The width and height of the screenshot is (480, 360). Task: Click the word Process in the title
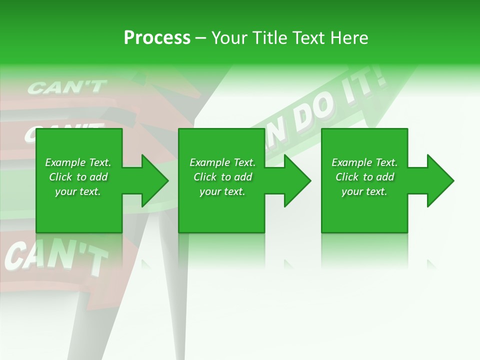coord(157,38)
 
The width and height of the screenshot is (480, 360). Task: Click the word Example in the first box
coord(65,162)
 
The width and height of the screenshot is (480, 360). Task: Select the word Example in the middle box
coord(209,162)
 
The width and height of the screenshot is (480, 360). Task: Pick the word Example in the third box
coord(351,162)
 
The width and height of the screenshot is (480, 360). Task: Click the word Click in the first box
coord(60,177)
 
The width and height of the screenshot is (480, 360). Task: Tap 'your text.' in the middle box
coord(222,191)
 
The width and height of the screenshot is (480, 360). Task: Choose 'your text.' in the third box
coord(364,191)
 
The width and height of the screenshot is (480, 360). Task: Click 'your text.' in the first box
coord(78,191)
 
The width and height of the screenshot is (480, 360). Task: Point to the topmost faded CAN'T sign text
coord(66,87)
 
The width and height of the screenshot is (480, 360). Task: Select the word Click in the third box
coord(347,177)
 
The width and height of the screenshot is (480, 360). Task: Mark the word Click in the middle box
coord(205,177)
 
